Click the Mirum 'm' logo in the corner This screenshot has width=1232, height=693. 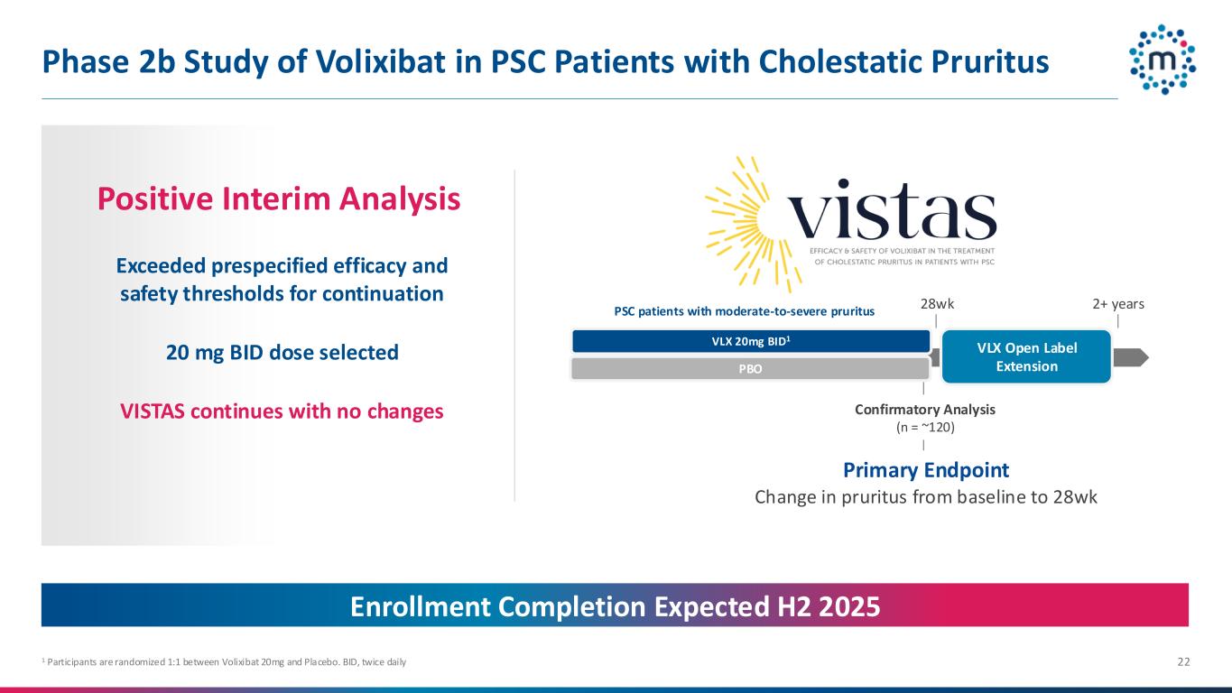pos(1163,60)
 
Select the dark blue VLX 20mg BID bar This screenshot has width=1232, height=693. pos(751,341)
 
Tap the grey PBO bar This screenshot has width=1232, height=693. pos(751,368)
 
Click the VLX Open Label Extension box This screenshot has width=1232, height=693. pos(1026,356)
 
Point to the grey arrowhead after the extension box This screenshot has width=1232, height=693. pos(1131,357)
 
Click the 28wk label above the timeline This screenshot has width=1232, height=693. pos(937,303)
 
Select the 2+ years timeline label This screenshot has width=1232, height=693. pos(1118,303)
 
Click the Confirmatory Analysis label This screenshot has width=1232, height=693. pos(925,409)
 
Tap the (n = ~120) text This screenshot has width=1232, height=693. pos(925,427)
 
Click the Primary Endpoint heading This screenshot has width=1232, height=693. pos(926,470)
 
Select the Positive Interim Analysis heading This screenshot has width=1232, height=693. pos(279,199)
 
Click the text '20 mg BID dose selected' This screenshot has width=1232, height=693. pos(283,353)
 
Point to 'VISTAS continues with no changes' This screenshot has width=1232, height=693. pos(282,411)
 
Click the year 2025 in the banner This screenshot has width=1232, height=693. pos(849,606)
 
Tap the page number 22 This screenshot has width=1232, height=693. pos(1183,661)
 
